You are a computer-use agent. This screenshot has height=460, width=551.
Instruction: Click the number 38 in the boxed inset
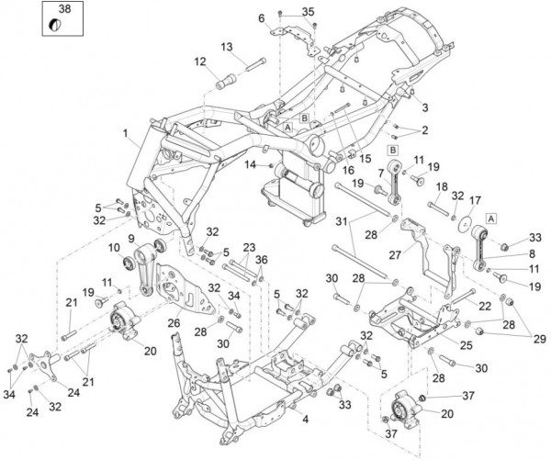[64, 9]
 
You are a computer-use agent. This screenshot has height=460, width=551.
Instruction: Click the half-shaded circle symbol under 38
[55, 25]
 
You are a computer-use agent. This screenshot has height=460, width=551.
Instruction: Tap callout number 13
[227, 47]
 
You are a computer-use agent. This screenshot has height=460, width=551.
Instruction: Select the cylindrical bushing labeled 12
[225, 81]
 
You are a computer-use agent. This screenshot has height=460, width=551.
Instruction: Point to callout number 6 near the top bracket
[262, 18]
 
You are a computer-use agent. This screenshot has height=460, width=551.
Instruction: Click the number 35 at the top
[309, 12]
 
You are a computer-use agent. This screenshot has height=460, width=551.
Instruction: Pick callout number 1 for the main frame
[125, 133]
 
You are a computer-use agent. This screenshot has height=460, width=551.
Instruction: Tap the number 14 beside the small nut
[251, 164]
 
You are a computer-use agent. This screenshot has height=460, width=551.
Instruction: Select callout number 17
[475, 201]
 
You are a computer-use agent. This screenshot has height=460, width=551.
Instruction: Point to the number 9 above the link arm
[131, 239]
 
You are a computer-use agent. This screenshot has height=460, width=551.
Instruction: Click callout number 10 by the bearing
[114, 248]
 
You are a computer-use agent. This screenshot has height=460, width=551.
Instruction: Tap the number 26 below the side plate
[174, 322]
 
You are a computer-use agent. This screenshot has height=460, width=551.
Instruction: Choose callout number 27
[395, 254]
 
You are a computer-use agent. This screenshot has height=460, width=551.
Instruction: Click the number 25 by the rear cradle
[467, 345]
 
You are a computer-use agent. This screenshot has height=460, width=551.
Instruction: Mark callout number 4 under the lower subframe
[306, 419]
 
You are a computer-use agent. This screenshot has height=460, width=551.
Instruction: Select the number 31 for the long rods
[342, 221]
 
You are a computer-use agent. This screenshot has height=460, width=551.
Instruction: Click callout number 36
[262, 260]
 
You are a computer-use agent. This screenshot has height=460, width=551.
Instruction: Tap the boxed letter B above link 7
[393, 151]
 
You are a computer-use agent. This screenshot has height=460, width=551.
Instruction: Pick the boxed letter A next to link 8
[491, 219]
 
